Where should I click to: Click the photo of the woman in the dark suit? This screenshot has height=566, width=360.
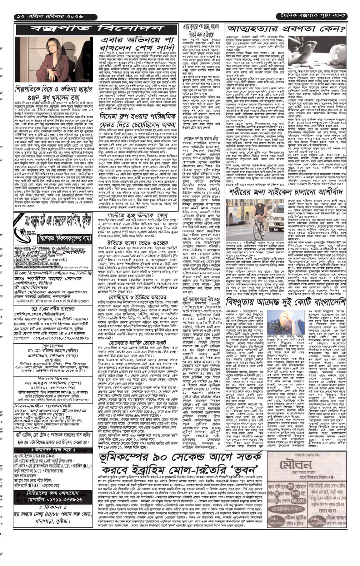(54, 59)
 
